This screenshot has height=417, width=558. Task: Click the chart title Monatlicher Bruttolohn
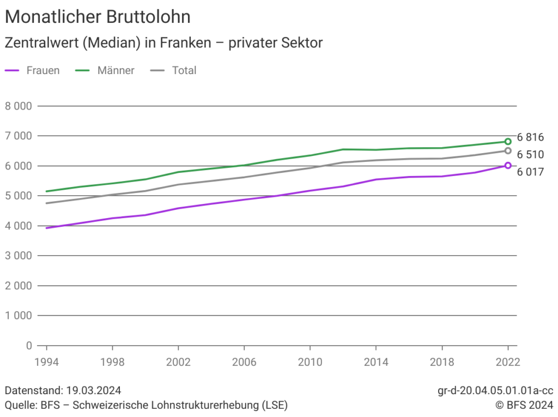(98, 17)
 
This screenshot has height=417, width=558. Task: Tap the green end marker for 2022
(508, 142)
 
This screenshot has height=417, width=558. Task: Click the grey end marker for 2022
(508, 151)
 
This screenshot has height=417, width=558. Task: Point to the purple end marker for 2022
(508, 165)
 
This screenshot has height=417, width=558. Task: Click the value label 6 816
(530, 137)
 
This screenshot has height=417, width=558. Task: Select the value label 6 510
(530, 155)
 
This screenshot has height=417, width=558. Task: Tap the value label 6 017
(530, 172)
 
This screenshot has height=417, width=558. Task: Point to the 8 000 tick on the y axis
(19, 106)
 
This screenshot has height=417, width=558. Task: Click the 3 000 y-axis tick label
(19, 256)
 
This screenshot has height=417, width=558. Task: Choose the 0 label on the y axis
(29, 346)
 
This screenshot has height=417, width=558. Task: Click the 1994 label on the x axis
(47, 362)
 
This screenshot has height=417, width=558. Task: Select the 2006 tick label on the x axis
(244, 362)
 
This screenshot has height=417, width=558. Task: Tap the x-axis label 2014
(376, 362)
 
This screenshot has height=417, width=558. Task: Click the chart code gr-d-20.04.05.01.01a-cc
(495, 391)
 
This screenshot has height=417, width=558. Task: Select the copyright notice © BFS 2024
(524, 405)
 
